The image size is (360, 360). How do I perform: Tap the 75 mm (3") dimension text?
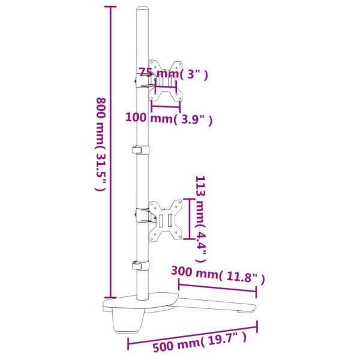pos(173,74)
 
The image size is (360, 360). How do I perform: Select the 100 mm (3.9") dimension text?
pos(169,118)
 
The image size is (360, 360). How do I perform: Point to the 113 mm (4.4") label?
pos(201,219)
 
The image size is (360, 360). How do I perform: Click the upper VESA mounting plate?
pos(166,81)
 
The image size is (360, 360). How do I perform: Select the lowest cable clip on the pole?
pos(140,265)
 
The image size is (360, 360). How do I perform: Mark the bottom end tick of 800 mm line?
pos(109,296)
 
